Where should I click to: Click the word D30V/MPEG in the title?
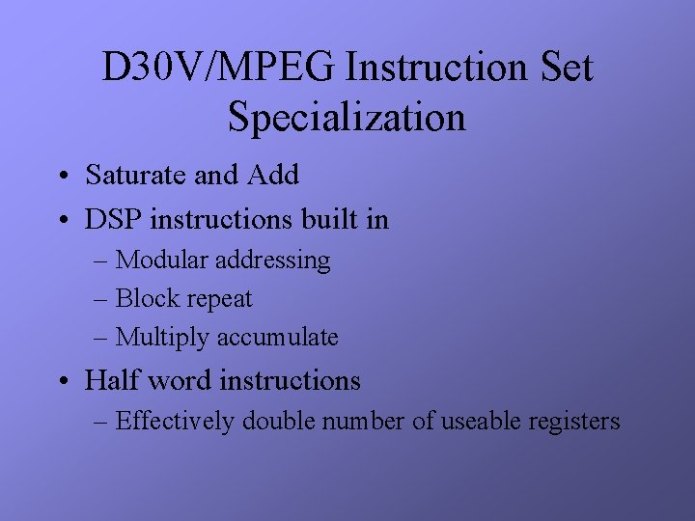click(x=219, y=69)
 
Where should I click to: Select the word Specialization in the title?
click(x=347, y=118)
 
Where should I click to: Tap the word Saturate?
click(x=135, y=175)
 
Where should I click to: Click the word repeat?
click(x=217, y=300)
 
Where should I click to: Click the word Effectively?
click(x=176, y=422)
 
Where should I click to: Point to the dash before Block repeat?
click(x=102, y=300)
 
